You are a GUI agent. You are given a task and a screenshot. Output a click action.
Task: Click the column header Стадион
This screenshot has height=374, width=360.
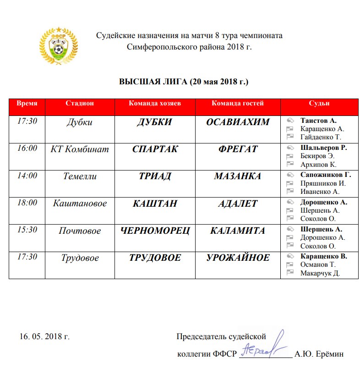80,104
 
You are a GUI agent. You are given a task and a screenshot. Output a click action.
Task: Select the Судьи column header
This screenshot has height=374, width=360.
320,104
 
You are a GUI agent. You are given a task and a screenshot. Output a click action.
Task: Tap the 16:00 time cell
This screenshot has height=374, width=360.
27,148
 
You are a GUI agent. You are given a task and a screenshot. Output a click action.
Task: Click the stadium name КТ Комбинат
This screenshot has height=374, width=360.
80,149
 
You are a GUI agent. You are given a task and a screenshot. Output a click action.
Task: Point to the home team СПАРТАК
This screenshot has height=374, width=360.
155,149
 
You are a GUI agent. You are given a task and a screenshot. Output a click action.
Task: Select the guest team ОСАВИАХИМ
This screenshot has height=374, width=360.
238,122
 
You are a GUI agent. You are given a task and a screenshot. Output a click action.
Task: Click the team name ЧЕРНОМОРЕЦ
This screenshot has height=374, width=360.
155,231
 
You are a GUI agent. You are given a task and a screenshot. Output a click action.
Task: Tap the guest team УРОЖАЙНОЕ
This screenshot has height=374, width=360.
238,258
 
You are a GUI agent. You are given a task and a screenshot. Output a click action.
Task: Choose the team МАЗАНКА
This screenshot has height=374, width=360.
238,176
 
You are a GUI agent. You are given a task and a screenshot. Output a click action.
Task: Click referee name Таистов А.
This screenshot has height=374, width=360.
318,121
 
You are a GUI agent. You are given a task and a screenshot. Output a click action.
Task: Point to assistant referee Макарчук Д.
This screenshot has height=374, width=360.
320,273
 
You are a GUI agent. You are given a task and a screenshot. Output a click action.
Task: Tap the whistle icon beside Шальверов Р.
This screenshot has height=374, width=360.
289,148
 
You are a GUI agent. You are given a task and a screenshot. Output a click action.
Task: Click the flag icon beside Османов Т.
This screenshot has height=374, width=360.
289,264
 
